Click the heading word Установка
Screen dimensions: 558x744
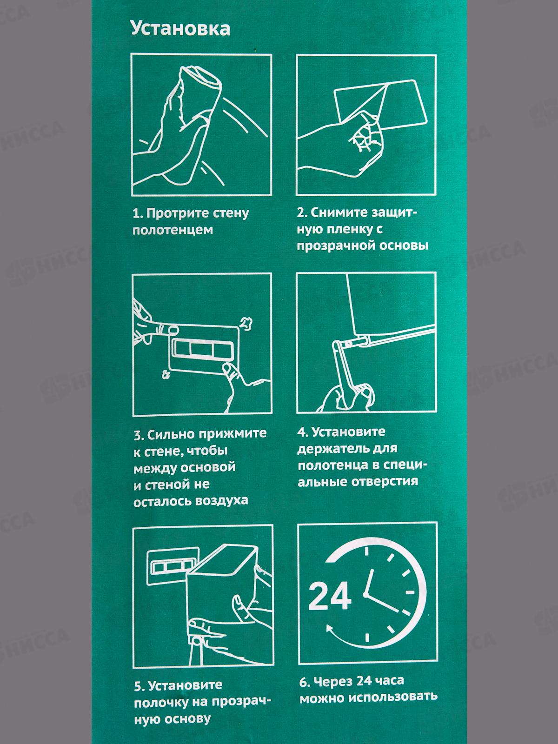180,29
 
